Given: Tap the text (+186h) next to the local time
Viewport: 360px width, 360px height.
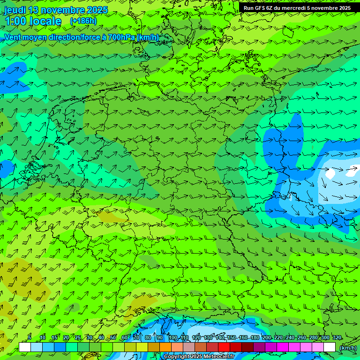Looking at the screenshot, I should click(83, 21).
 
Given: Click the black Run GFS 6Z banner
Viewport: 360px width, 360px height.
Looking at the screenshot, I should click(297, 7).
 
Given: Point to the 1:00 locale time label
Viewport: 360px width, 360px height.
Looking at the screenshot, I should click(33, 21).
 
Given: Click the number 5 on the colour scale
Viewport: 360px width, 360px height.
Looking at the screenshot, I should click(30, 337).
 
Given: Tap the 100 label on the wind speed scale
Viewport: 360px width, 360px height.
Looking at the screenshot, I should click(173, 337).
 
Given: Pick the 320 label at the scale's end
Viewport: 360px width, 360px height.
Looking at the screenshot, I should click(337, 337).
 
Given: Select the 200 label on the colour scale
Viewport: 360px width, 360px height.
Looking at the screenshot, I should click(267, 337).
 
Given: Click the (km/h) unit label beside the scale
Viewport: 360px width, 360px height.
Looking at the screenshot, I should click(348, 347).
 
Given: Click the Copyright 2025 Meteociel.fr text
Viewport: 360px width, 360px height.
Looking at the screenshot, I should click(199, 356).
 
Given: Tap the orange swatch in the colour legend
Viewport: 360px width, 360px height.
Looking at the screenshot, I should click(165, 347).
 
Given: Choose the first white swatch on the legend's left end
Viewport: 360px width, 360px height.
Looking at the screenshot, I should click(25, 347).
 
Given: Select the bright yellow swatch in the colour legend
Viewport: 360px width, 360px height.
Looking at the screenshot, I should click(142, 347).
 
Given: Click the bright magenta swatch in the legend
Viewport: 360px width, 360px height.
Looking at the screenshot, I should click(283, 347).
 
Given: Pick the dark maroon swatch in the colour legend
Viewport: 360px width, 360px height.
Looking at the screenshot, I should click(247, 347).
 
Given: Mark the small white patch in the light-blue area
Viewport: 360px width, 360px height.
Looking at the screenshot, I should click(330, 173).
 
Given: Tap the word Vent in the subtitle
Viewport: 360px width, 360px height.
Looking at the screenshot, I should click(13, 37).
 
